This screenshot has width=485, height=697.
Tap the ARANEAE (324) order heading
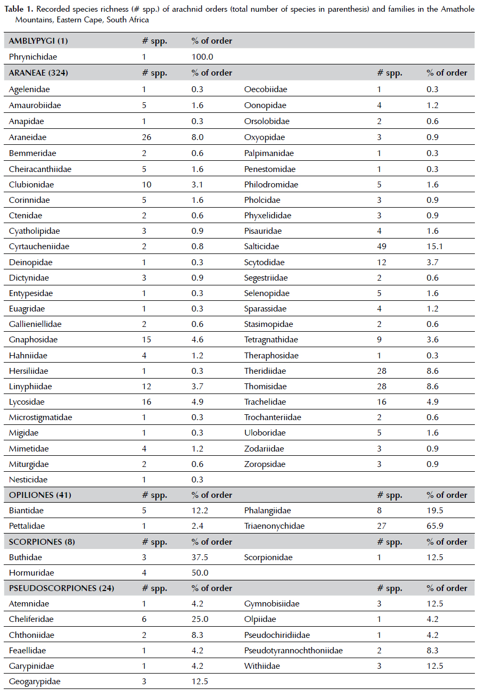click(x=38, y=73)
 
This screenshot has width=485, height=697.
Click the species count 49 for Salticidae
click(x=382, y=247)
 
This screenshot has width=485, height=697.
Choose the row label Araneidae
click(x=28, y=137)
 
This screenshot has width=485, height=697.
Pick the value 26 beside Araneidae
click(x=146, y=137)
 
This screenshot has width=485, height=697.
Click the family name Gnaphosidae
click(x=33, y=340)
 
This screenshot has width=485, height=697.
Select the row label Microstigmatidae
click(x=40, y=417)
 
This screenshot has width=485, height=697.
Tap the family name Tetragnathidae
click(x=271, y=340)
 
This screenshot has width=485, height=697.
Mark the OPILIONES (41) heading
click(x=40, y=495)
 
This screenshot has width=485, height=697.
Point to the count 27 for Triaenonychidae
click(x=382, y=526)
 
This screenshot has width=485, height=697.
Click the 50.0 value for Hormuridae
click(x=200, y=573)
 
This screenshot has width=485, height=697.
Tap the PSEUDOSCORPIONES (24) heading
click(x=61, y=588)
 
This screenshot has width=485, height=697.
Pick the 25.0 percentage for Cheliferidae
click(x=200, y=619)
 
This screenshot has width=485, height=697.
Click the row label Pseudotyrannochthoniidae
click(x=293, y=650)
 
